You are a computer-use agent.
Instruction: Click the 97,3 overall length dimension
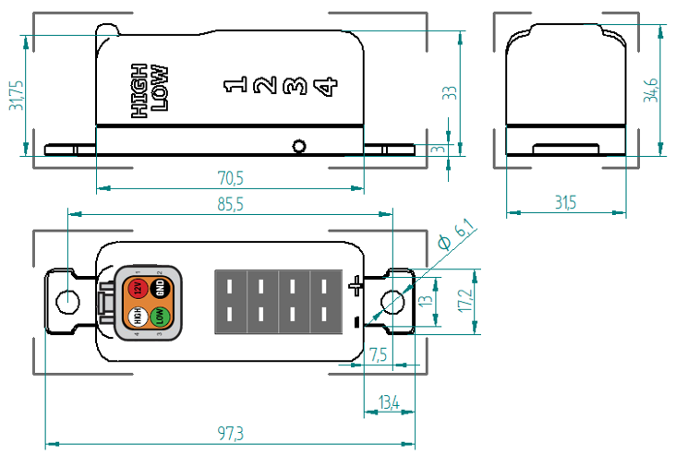[230, 433]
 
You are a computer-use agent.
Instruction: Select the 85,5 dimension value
[230, 204]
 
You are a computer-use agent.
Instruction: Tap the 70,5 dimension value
[230, 177]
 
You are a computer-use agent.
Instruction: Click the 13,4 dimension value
[389, 401]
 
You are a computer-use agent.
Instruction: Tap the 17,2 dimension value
[464, 299]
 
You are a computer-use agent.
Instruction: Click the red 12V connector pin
[138, 288]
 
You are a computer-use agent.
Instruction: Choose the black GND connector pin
[160, 288]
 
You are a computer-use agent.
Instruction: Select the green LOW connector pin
[160, 316]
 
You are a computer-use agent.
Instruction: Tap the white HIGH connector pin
[137, 316]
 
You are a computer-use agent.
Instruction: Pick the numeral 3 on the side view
[295, 87]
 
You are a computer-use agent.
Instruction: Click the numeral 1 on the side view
[235, 87]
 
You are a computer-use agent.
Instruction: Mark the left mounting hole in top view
[66, 301]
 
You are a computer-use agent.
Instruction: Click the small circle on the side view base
[297, 146]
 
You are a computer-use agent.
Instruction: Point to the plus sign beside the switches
[357, 287]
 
